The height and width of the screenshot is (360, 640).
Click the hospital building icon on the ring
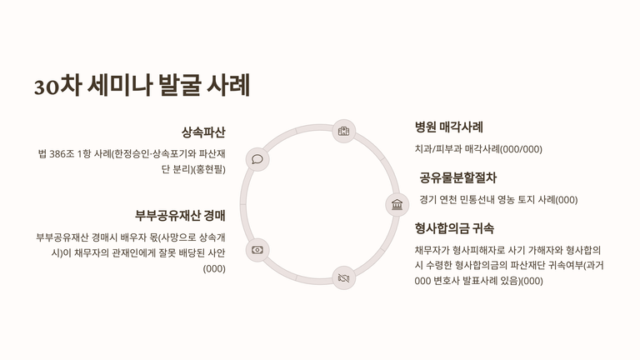343,132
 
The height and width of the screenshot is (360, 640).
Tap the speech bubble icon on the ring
257,159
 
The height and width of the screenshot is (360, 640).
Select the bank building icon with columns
397,204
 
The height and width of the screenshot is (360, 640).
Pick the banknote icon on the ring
257,249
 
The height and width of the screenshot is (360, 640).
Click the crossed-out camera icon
343,277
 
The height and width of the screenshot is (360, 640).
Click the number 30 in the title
46,86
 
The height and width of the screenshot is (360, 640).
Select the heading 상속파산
203,132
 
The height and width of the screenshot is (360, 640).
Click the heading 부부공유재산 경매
181,216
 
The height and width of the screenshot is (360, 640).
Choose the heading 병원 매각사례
449,127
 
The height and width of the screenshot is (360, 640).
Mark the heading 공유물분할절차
458,177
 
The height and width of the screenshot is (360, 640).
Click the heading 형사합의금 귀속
454,228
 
